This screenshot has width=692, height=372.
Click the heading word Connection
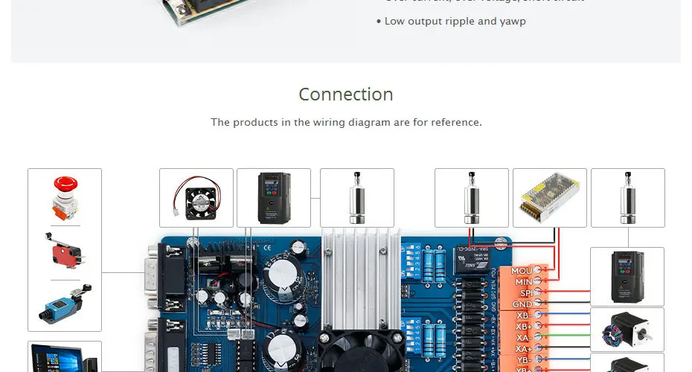tap(346, 94)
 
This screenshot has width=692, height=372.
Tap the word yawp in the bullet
tap(512, 21)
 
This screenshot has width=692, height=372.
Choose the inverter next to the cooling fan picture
tap(273, 198)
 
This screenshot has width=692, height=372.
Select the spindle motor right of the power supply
tap(627, 198)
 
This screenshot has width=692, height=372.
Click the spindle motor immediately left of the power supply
tap(472, 198)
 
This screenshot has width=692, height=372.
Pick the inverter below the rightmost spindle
tap(627, 276)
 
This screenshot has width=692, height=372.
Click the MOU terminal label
tap(522, 271)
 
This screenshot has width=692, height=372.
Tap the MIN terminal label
tap(523, 282)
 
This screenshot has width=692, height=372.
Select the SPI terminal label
tap(525, 293)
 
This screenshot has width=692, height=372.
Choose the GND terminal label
tap(522, 304)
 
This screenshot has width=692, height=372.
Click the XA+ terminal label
tap(523, 349)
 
